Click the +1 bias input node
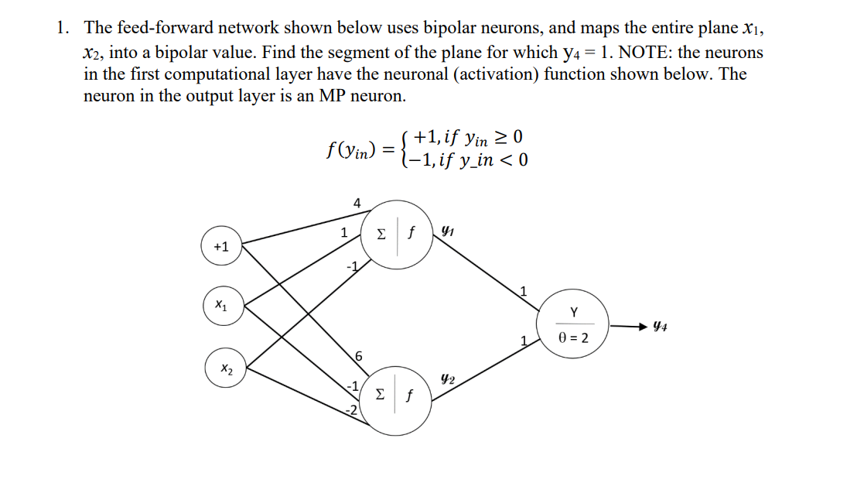221,247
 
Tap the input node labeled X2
225,370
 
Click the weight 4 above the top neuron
357,203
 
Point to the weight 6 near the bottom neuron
358,356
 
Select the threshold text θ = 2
573,338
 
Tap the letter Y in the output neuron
573,312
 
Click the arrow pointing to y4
627,326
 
